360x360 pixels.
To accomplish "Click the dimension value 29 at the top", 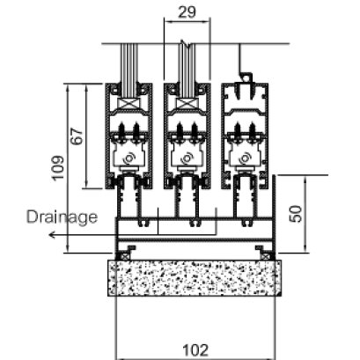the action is (x=187, y=12).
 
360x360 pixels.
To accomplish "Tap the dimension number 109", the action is (x=58, y=168).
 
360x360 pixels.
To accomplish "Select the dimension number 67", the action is (x=77, y=136).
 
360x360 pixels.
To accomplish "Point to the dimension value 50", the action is (x=296, y=214).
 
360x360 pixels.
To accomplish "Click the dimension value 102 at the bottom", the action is (x=195, y=350).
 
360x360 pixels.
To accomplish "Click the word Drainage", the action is (x=62, y=217).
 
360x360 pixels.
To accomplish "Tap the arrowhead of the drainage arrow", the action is (x=52, y=235).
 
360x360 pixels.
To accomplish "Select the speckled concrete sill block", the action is (x=195, y=278).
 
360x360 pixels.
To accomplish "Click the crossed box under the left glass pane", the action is (x=129, y=104).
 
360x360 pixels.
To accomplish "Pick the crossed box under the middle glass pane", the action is (x=187, y=104).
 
